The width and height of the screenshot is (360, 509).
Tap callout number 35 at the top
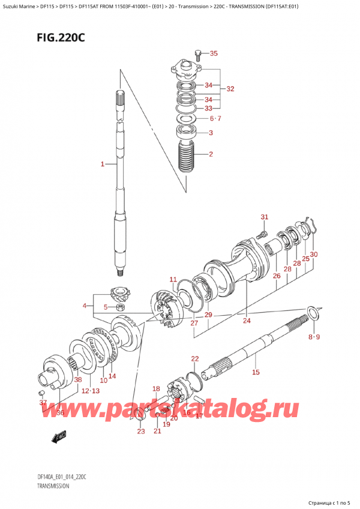click(214, 53)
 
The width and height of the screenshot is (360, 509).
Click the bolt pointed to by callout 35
click(197, 55)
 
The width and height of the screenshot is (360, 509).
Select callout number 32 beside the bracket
click(230, 89)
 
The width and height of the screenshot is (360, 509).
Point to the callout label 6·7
click(215, 118)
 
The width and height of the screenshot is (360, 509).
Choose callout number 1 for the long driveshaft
click(103, 164)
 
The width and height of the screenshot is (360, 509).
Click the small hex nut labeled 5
click(119, 308)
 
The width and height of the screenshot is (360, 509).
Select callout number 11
click(173, 280)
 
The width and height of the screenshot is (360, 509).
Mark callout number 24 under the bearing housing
click(246, 321)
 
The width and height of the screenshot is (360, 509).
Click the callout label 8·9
click(314, 337)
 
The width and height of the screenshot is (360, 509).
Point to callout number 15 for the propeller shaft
click(255, 373)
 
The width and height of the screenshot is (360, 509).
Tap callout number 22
click(194, 359)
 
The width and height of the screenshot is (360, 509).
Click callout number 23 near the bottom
click(140, 431)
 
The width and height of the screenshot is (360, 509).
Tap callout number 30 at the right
click(313, 254)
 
